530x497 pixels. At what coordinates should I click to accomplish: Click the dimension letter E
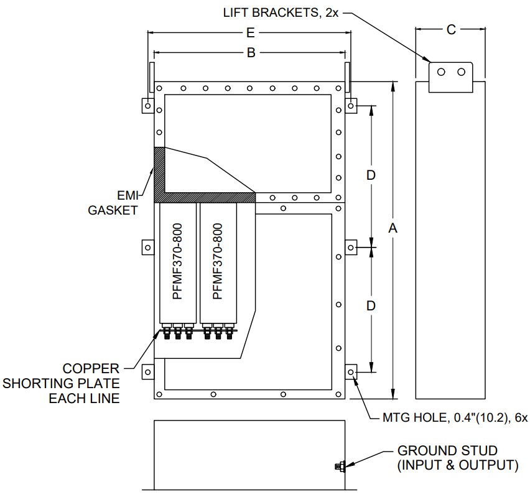tap(251, 33)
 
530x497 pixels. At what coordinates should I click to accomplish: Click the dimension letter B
tap(251, 53)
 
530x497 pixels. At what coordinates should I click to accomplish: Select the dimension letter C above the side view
tap(451, 30)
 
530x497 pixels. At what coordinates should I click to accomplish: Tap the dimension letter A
tap(393, 228)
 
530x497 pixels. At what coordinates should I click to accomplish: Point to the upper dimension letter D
tap(371, 175)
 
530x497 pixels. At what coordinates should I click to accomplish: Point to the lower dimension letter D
tap(371, 305)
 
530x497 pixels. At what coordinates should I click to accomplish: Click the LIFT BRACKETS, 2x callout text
tap(281, 13)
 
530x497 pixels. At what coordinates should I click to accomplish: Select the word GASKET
tap(113, 210)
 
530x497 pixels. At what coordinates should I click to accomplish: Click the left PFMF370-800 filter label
tap(177, 261)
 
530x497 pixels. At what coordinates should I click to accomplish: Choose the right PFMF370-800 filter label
tap(218, 261)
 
